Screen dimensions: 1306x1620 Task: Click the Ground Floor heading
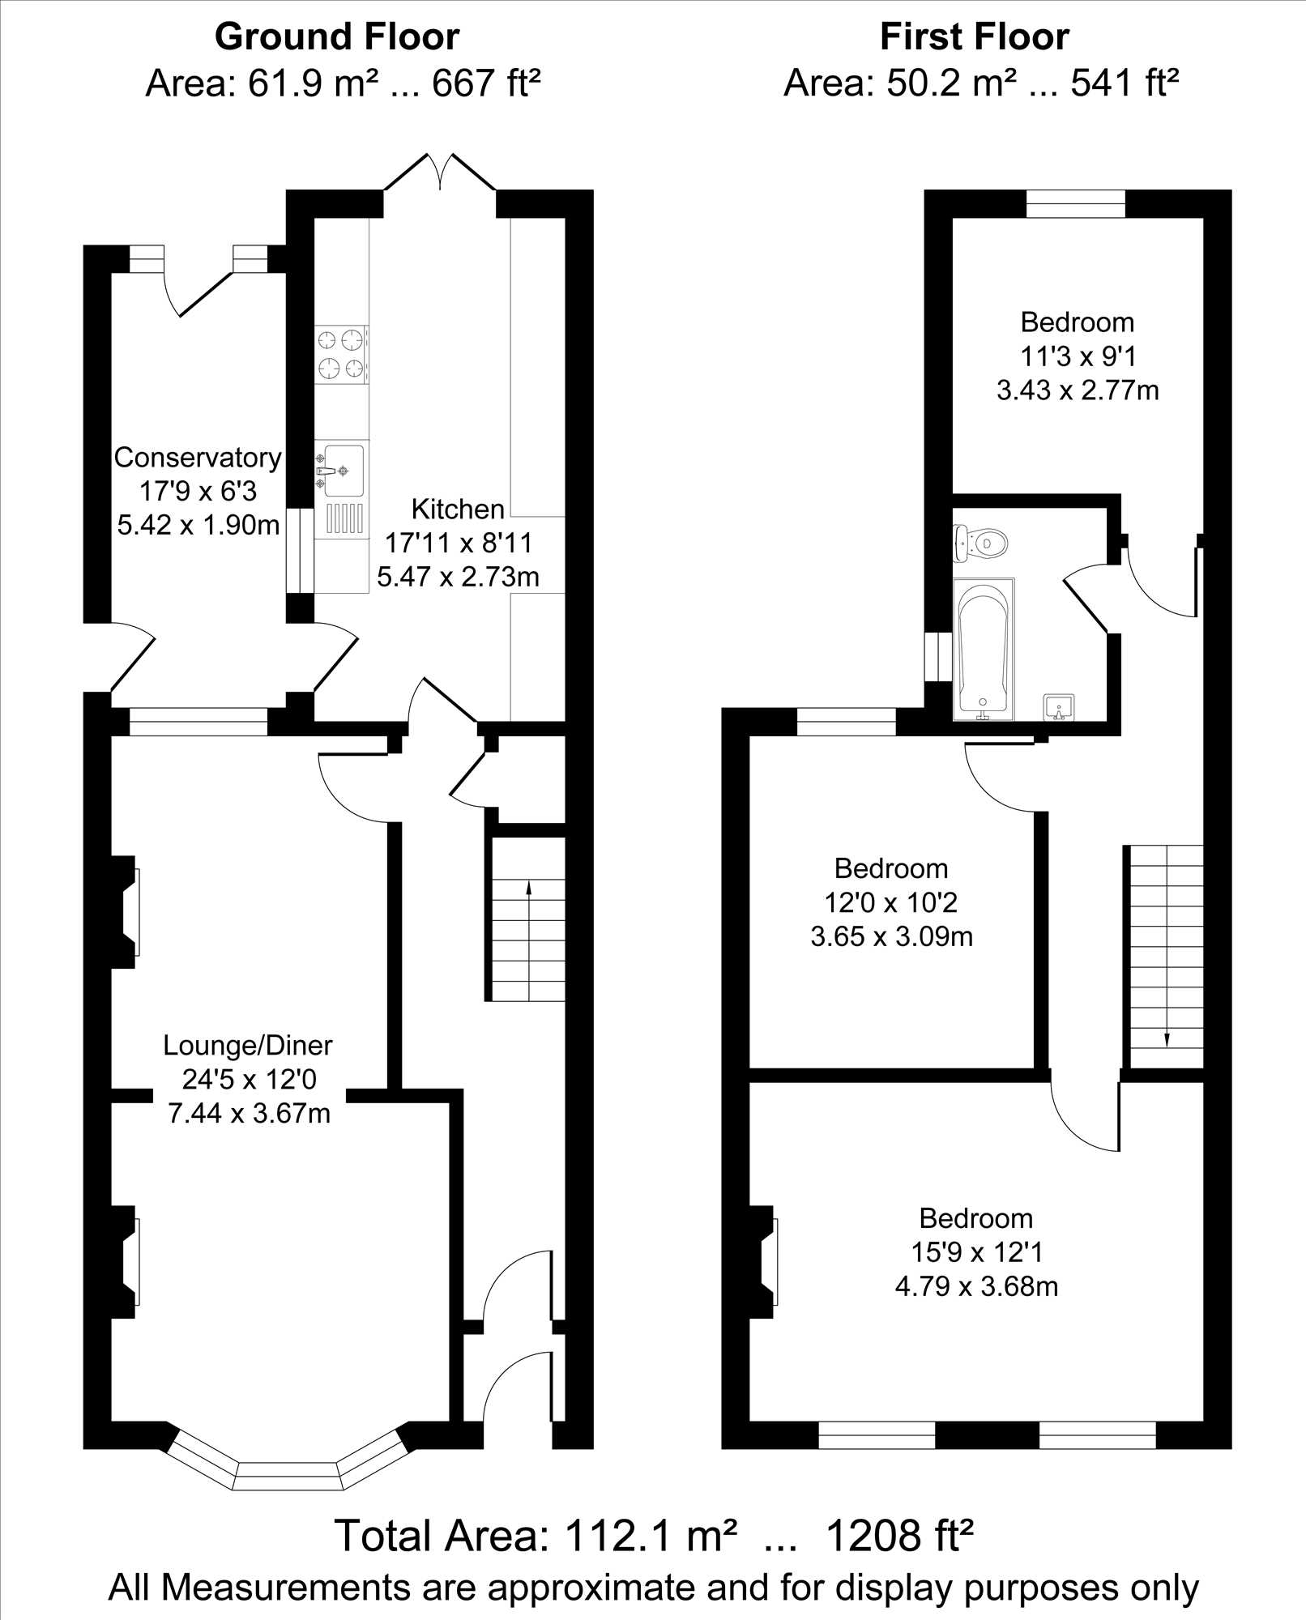pos(337,37)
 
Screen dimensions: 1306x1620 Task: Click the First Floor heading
pos(975,37)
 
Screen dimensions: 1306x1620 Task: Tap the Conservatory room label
pos(198,458)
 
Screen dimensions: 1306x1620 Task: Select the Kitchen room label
pos(458,509)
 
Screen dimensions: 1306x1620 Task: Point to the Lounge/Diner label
pos(248,1045)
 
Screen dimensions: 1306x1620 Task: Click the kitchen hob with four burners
pos(342,355)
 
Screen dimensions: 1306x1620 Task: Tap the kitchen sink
pos(342,470)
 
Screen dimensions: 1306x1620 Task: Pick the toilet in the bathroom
pos(980,542)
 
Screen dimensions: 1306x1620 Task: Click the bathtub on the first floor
pos(984,649)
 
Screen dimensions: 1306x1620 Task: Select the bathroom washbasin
pos(1059,707)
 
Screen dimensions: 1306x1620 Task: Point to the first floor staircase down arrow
pos(1167,948)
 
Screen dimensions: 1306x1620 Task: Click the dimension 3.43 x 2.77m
pos(1078,390)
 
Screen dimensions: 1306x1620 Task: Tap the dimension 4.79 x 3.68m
pos(976,1286)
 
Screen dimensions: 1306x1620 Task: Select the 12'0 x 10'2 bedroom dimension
pos(891,902)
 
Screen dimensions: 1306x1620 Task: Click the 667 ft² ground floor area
pos(486,83)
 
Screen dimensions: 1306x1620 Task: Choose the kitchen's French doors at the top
pos(440,172)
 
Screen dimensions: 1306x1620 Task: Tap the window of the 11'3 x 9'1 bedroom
pos(1076,203)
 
